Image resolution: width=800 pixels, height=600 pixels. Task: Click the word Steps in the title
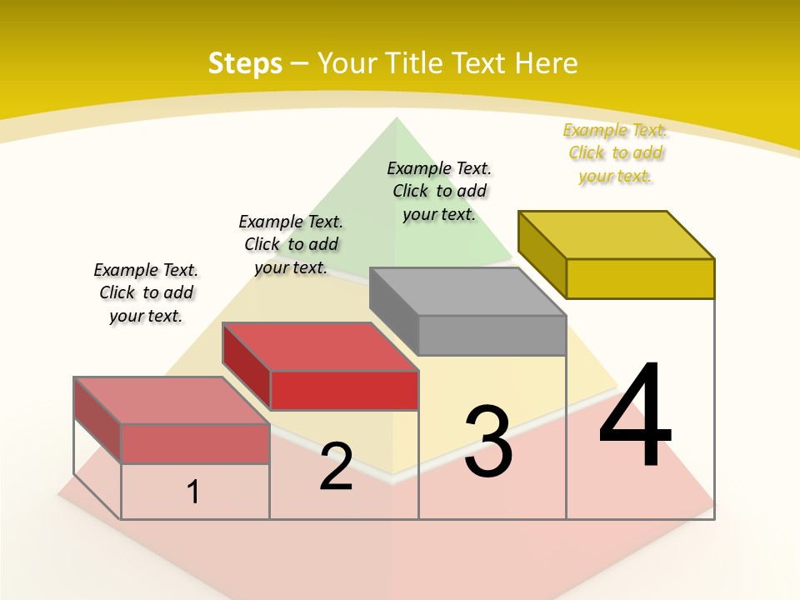coord(244,63)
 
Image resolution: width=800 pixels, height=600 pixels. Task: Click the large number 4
coord(635,417)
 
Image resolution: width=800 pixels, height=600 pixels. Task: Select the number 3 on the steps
coord(487,442)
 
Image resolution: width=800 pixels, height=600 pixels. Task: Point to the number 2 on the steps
coord(336,467)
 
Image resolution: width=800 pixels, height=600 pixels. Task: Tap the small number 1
coord(193,492)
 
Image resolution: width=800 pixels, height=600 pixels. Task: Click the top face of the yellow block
coord(617,234)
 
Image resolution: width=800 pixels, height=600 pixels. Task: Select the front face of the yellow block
coord(640,278)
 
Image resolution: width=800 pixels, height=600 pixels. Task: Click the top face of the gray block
coord(467,292)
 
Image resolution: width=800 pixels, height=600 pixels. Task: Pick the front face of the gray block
coord(492,335)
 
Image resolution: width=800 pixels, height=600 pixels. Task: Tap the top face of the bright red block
coord(320,347)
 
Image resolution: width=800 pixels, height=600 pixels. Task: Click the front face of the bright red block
coord(344,390)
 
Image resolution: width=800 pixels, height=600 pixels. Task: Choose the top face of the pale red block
coord(172,400)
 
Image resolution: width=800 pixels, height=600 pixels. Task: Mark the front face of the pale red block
coord(195,443)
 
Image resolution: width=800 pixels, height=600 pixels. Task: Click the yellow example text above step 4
coord(615,152)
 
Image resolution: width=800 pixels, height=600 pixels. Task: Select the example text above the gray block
coord(439,191)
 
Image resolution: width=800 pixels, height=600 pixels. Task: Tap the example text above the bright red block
coord(291,244)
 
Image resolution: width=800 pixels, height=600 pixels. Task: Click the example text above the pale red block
coord(146,292)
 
